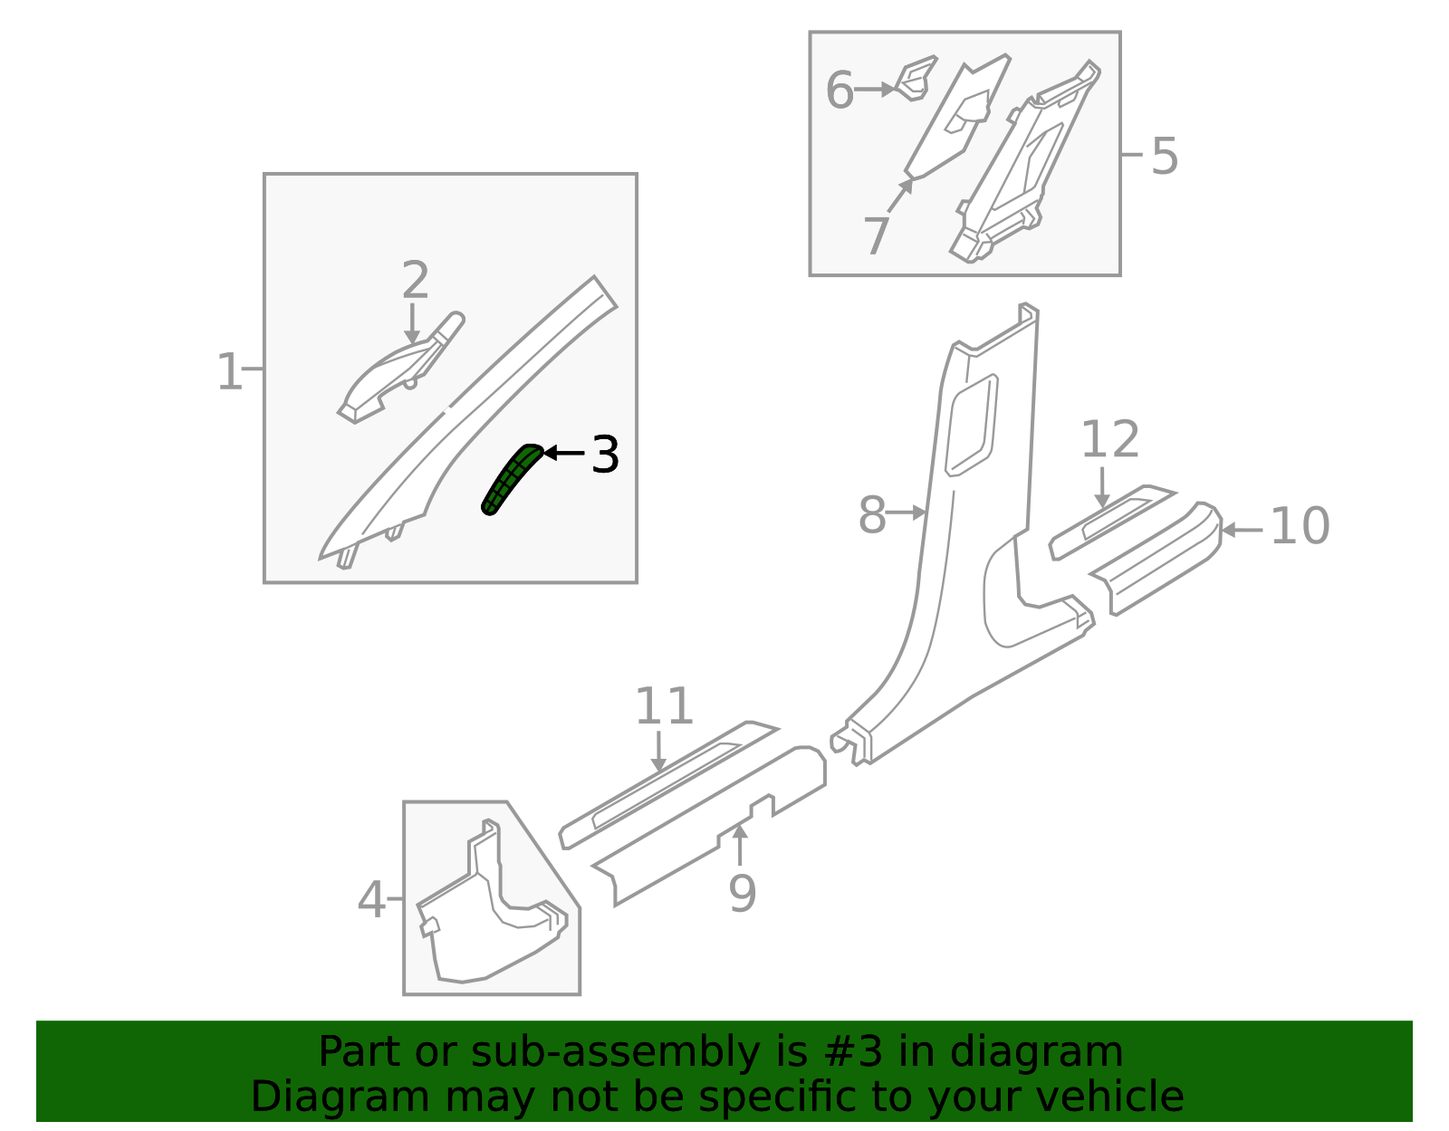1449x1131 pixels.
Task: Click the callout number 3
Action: (x=605, y=455)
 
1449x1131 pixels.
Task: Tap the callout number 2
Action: (x=415, y=280)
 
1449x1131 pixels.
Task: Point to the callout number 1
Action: (x=230, y=372)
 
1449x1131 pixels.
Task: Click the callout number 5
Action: (x=1165, y=156)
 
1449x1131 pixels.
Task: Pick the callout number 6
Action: (x=840, y=90)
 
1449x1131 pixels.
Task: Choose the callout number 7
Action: (x=877, y=235)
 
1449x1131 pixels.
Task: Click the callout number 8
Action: (x=871, y=514)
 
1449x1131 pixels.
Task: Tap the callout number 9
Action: (x=743, y=894)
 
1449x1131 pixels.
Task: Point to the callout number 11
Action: (x=664, y=706)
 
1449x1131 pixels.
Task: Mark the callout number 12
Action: (x=1110, y=439)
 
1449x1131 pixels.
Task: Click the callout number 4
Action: (x=371, y=900)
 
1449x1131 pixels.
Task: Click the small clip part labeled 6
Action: (x=915, y=79)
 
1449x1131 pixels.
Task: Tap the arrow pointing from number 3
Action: (x=564, y=453)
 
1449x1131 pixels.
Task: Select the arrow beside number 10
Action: (x=1242, y=531)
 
